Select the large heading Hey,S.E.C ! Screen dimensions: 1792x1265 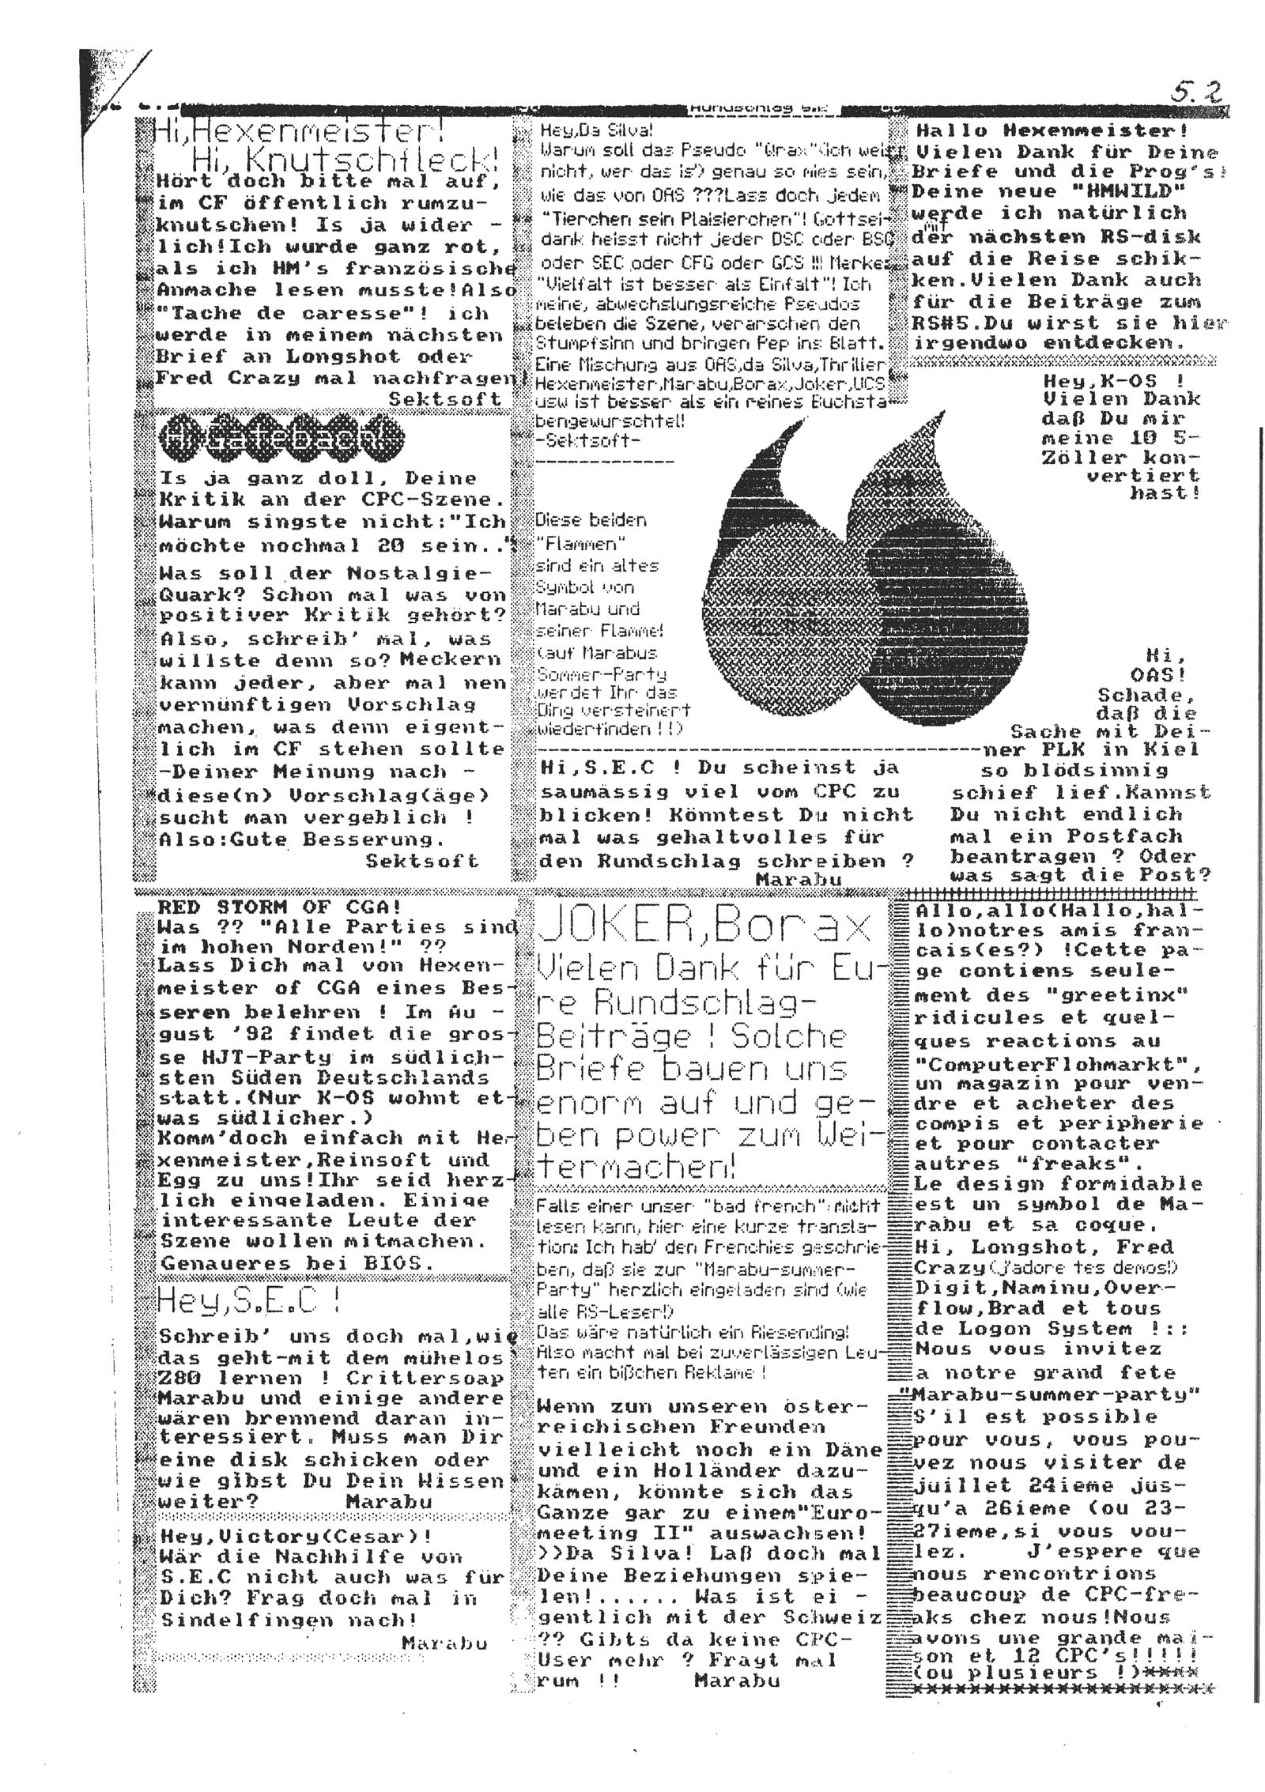click(x=249, y=1300)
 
